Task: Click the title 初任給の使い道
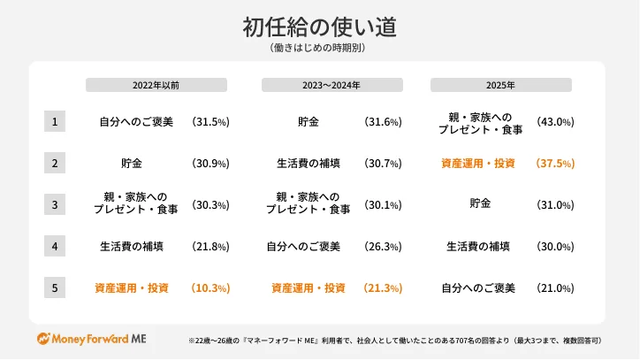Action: [x=319, y=27]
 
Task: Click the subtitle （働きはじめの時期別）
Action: [x=319, y=49]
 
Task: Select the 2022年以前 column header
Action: [x=156, y=85]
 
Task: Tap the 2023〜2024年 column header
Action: [x=331, y=85]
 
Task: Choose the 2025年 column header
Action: [x=500, y=85]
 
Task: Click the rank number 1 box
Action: [x=55, y=121]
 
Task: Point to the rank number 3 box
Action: [x=55, y=204]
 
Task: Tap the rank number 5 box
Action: [x=55, y=287]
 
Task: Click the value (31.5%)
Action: [x=210, y=122]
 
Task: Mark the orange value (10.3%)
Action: [x=210, y=288]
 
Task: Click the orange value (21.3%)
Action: [x=383, y=288]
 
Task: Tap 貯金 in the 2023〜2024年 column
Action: [x=309, y=122]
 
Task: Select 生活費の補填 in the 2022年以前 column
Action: [x=132, y=247]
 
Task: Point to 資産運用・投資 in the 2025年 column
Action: [x=477, y=164]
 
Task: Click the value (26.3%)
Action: [x=383, y=247]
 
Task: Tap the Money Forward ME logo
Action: [x=91, y=339]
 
